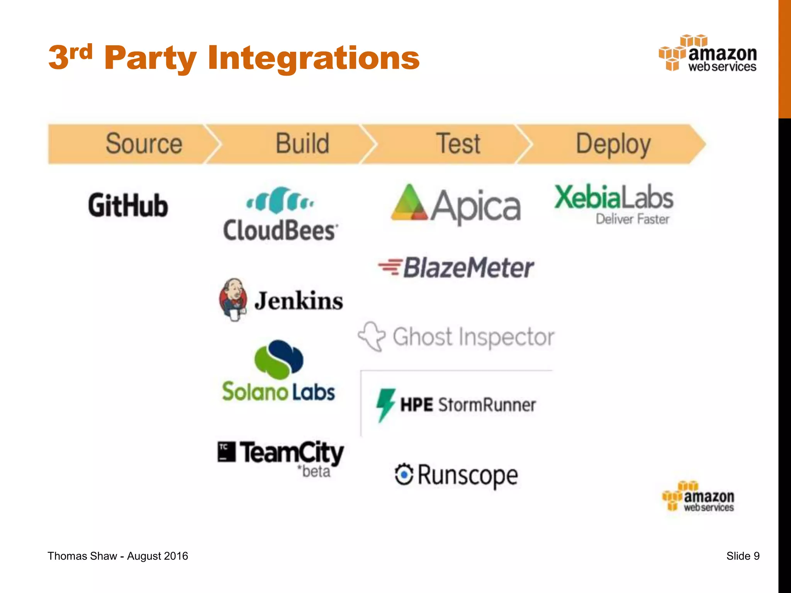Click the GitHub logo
128,205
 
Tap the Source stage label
144,144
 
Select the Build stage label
302,144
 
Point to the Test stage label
458,144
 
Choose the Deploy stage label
613,144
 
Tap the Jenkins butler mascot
233,300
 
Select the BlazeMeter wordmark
468,268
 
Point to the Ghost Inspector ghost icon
372,336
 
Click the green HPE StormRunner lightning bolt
385,405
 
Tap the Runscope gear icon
404,474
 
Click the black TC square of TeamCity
226,452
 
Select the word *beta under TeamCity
314,472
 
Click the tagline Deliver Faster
632,219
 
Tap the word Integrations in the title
313,58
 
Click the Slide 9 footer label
743,556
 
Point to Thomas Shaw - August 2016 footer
118,556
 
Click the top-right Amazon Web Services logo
708,54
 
